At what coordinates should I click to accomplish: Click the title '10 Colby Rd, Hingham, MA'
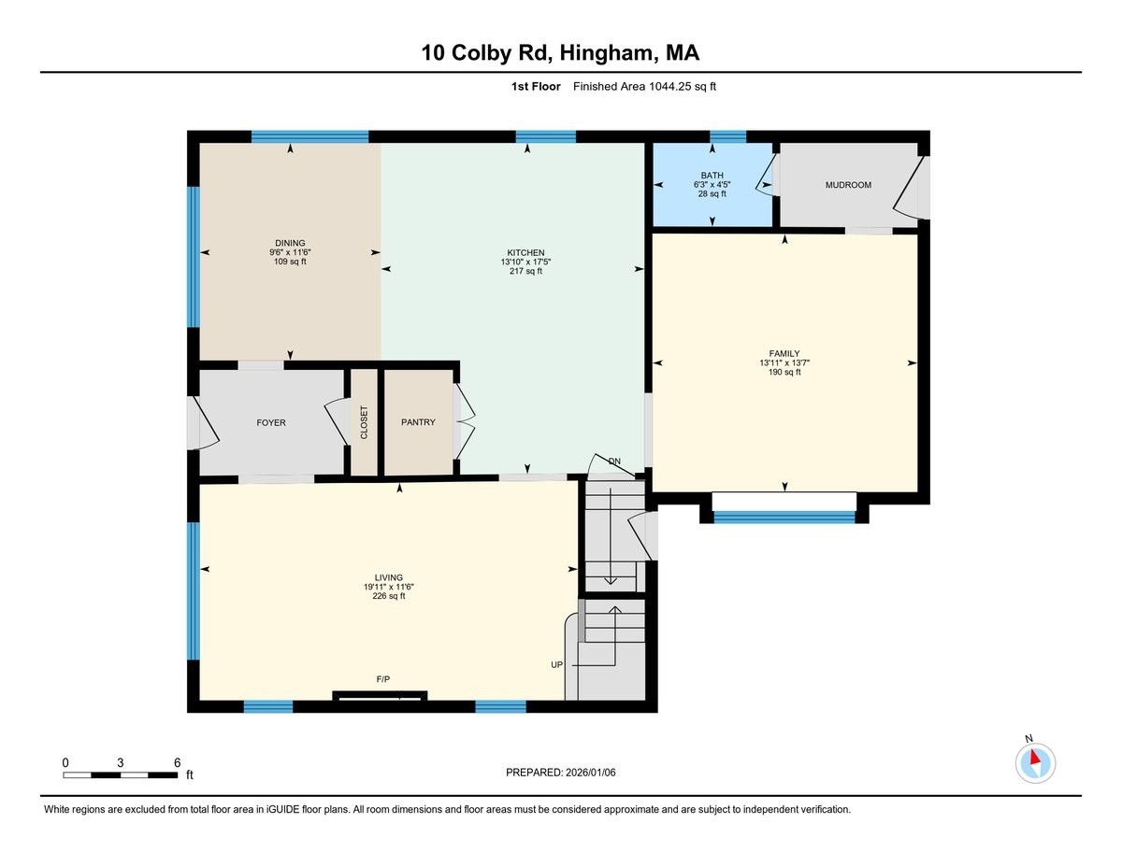[560, 53]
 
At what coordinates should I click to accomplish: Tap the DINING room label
[290, 243]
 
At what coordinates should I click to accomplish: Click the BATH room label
[712, 175]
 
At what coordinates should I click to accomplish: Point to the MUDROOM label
[847, 185]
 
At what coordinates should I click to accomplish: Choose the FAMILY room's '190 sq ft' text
[784, 372]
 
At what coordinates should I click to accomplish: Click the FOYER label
[271, 422]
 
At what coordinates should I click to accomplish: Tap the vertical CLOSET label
[364, 423]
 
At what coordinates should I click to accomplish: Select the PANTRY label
[418, 422]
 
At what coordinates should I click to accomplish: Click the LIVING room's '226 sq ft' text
[389, 596]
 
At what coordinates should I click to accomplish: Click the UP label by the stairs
[556, 664]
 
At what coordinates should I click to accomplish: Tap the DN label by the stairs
[614, 461]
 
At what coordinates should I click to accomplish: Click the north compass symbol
[1034, 761]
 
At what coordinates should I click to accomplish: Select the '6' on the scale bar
[177, 762]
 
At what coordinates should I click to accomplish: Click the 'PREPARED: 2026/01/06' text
[562, 773]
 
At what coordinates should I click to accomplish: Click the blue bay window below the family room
[784, 516]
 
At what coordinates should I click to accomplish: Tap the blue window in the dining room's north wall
[309, 136]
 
